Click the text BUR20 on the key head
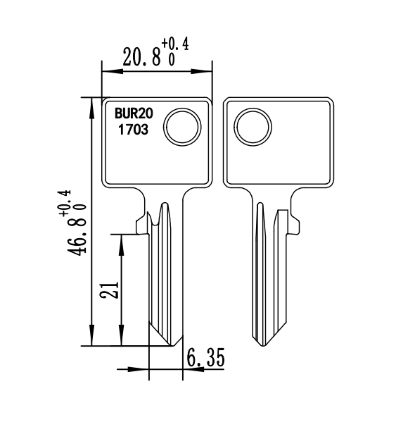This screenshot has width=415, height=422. coord(134,113)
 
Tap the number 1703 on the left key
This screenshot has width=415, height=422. coord(134,130)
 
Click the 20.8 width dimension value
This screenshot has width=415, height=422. coord(142,57)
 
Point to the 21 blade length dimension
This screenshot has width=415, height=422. coord(109,290)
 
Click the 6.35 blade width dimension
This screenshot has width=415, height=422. coord(205,358)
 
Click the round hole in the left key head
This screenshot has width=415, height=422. coord(182,127)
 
